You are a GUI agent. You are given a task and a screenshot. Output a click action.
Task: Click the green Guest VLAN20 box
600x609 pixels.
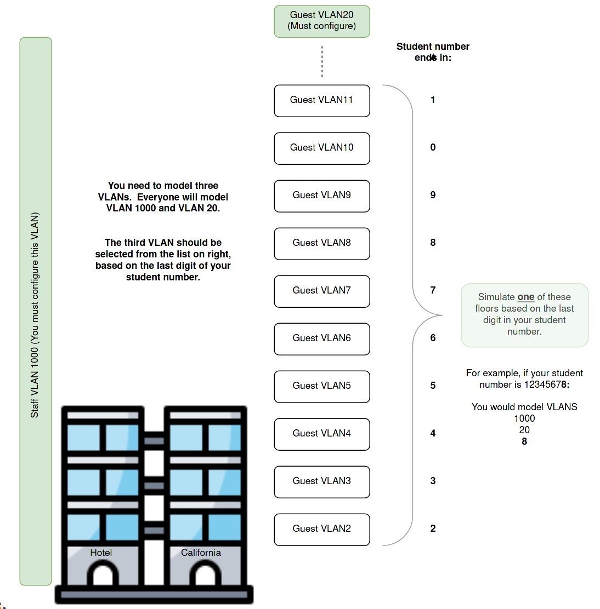[x=322, y=21]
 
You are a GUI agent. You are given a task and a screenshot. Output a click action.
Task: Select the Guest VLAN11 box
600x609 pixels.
[x=322, y=100]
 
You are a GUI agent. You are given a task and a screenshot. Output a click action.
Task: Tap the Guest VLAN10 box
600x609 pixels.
[x=322, y=148]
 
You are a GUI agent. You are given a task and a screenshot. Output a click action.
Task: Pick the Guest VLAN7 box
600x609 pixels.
[x=322, y=291]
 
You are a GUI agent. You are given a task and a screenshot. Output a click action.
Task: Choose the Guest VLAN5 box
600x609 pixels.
[x=322, y=386]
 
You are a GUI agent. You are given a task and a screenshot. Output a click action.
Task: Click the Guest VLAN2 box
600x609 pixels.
[x=322, y=529]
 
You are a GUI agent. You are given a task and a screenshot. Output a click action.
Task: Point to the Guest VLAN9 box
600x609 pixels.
[x=322, y=196]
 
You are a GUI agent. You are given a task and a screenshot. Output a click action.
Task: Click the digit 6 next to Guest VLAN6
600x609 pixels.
[x=433, y=338]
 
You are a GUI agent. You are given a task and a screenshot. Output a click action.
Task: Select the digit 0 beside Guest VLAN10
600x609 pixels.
[x=433, y=147]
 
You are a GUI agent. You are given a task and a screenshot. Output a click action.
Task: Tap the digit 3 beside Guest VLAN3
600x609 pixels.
[x=433, y=481]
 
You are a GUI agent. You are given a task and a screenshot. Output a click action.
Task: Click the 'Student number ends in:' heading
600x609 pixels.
[x=433, y=52]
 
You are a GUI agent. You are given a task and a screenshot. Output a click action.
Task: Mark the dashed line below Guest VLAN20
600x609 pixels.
[x=322, y=61]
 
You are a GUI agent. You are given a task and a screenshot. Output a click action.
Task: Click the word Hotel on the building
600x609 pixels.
[x=101, y=553]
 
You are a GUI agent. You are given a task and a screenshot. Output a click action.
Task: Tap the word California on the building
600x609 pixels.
[x=201, y=553]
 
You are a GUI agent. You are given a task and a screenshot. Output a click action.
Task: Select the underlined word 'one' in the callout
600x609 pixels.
[x=525, y=297]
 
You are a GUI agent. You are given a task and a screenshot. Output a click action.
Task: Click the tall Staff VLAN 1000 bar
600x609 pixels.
[x=36, y=311]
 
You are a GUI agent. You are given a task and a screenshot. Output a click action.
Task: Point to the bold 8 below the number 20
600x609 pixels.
[x=524, y=441]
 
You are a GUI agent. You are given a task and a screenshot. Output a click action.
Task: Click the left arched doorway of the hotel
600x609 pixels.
[x=103, y=575]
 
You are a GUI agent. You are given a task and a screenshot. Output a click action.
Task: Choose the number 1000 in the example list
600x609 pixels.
[x=524, y=418]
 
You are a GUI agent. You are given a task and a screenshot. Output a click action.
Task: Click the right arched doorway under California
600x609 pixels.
[x=205, y=575]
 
